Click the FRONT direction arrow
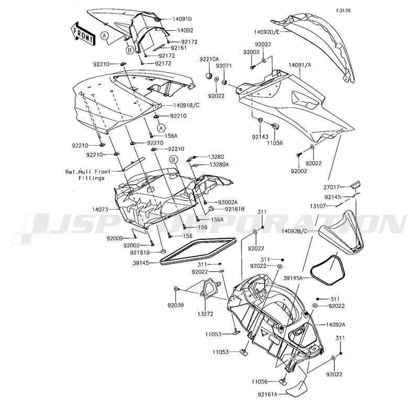(83, 32)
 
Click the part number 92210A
(209, 60)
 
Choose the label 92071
(224, 66)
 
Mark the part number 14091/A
(299, 65)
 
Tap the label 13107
(330, 206)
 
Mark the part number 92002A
(228, 202)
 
